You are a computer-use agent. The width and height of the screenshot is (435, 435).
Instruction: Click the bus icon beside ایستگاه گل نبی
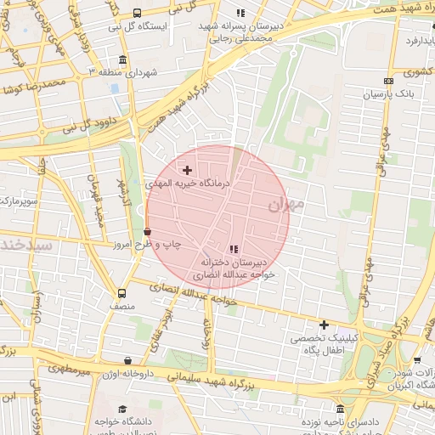138,12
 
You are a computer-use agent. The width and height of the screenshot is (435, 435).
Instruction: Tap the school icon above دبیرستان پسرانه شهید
240,13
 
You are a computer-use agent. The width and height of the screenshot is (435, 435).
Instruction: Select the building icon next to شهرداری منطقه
123,59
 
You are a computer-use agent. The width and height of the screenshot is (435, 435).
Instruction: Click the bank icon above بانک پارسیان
387,82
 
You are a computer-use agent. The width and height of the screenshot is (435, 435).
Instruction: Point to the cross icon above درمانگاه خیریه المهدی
187,171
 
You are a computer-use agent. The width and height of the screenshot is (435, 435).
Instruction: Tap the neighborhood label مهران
285,205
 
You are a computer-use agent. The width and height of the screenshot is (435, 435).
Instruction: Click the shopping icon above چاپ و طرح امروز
147,231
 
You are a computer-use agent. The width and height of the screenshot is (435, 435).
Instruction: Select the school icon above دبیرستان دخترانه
233,249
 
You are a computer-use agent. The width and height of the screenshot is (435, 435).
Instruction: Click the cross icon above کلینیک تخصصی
324,325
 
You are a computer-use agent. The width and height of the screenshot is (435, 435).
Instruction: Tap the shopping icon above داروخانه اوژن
127,360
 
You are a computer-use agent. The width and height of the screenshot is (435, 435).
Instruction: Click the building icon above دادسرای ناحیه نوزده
341,409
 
